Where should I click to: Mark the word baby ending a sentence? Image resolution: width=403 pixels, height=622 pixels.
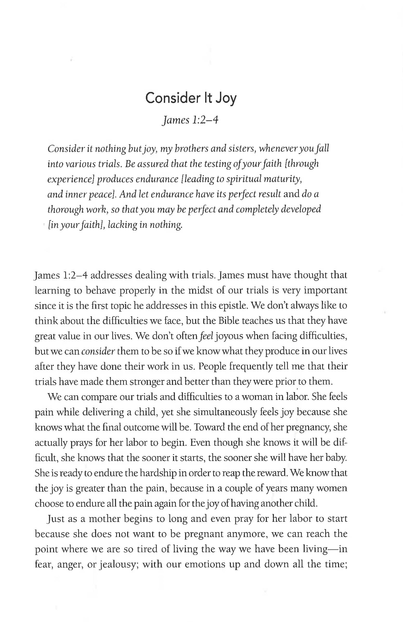pyautogui.click(x=337, y=458)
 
